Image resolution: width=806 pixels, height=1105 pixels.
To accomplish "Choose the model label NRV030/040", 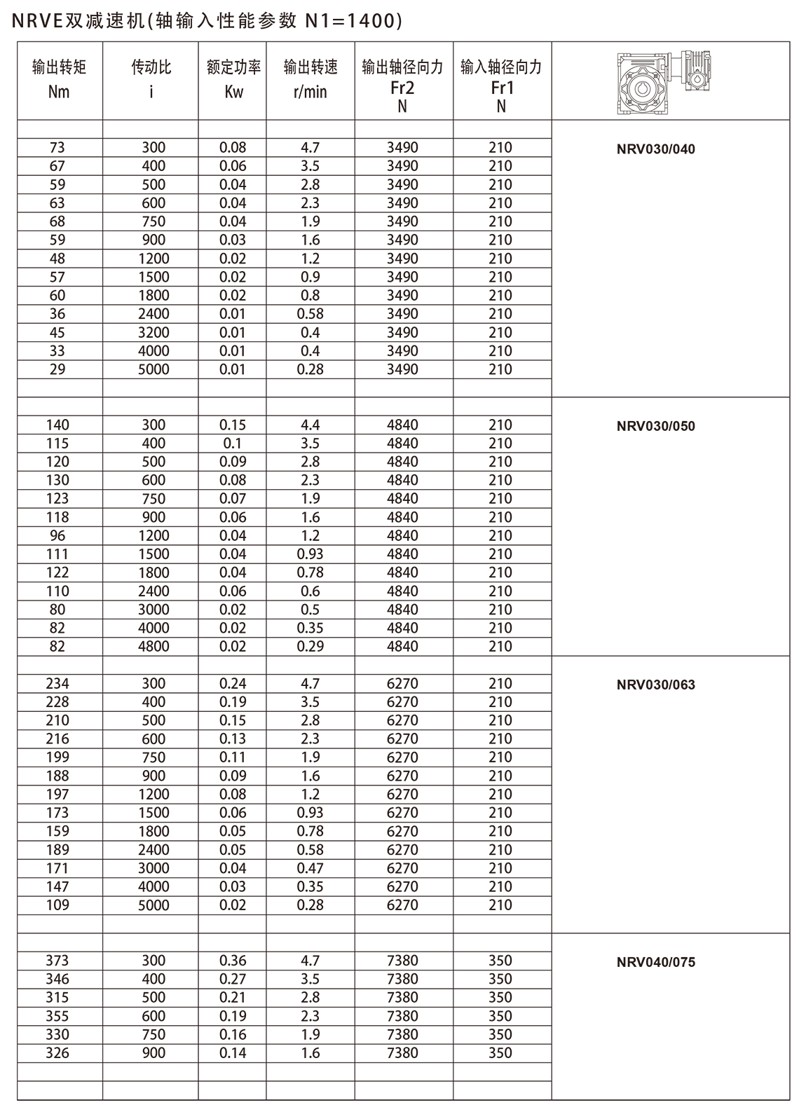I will (x=656, y=149).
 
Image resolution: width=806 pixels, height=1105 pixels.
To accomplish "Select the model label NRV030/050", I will (x=656, y=426).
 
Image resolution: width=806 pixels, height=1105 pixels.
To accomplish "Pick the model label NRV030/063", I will (x=656, y=685).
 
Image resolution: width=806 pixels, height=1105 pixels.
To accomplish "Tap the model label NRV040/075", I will (x=656, y=962).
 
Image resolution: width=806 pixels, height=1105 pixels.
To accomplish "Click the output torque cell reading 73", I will (x=57, y=147).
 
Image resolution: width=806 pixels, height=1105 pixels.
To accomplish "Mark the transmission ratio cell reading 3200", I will (x=153, y=332).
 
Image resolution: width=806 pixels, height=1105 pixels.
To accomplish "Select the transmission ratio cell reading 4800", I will (x=153, y=646).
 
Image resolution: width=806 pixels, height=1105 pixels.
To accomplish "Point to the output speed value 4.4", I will (x=310, y=425).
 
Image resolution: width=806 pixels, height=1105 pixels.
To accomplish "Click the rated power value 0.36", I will (x=233, y=960).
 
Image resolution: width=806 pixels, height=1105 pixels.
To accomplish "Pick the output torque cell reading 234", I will (x=57, y=683).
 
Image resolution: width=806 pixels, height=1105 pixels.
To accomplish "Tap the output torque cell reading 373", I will (x=57, y=960).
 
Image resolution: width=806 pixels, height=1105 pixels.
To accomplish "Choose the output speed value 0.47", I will (x=310, y=867).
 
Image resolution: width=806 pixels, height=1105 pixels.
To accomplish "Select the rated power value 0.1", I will (x=233, y=443).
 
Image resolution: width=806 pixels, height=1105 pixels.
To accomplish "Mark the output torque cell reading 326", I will (x=57, y=1052).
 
